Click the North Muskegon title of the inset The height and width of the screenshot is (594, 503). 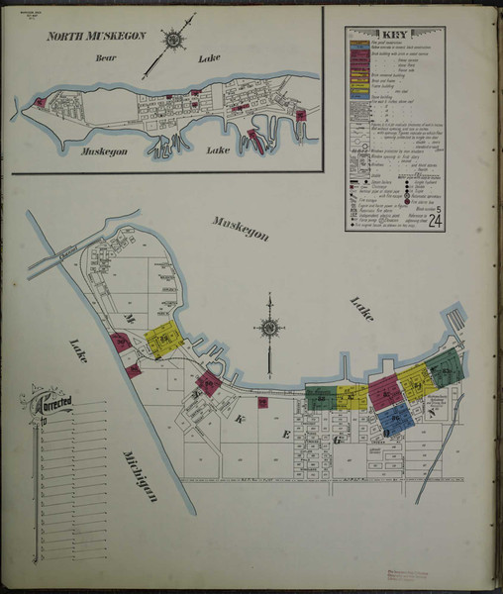[x=97, y=36]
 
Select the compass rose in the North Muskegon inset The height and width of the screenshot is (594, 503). [x=173, y=41]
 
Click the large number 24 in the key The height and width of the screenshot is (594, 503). [x=434, y=219]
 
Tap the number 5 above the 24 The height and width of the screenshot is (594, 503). [x=436, y=206]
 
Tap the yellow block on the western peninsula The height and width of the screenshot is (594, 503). [x=160, y=342]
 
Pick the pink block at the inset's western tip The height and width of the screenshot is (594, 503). [x=40, y=102]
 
